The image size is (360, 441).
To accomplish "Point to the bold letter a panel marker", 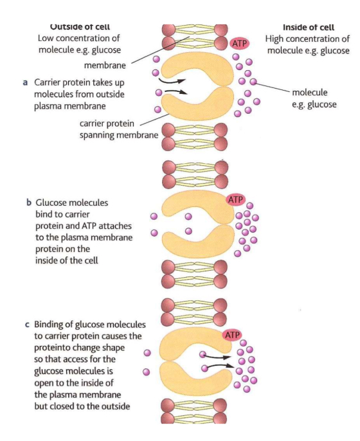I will pos(25,82).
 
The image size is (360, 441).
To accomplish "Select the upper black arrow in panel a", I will pos(173,82).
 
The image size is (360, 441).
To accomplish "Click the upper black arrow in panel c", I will pos(215,354).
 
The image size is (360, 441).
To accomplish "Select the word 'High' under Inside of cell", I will pos(276,39).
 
